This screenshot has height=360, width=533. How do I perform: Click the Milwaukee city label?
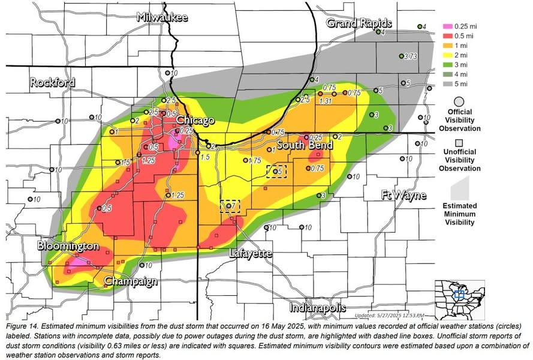(x=162, y=17)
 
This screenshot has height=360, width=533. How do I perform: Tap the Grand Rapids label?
(x=359, y=23)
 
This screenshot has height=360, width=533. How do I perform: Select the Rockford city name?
(x=53, y=82)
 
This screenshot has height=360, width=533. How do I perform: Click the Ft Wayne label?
(x=403, y=195)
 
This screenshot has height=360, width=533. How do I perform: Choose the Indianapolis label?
(x=317, y=308)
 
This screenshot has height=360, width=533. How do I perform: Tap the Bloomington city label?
(x=68, y=246)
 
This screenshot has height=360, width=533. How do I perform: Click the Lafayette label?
(x=251, y=254)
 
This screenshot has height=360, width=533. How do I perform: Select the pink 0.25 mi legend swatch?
(x=447, y=26)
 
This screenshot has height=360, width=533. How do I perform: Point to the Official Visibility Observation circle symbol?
(x=459, y=101)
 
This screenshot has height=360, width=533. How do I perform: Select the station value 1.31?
(x=326, y=101)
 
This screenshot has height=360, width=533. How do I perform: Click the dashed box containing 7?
(x=230, y=206)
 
